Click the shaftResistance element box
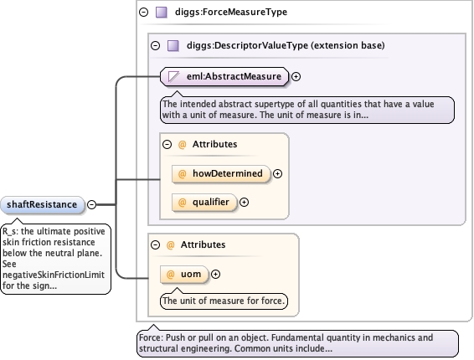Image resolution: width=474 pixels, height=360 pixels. (x=42, y=204)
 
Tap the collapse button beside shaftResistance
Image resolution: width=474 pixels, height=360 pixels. (x=91, y=204)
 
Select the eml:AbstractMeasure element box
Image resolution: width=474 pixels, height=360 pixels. (x=224, y=76)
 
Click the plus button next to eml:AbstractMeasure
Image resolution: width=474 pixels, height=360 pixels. (x=296, y=76)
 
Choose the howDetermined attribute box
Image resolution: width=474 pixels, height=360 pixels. (x=221, y=174)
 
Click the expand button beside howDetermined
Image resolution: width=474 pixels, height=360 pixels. (x=277, y=174)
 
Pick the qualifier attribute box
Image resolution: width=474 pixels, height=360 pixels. (x=204, y=203)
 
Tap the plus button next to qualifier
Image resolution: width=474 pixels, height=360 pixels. (x=244, y=203)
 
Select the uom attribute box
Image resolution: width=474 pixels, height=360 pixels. (x=184, y=274)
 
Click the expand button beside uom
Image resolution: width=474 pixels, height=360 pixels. (x=215, y=274)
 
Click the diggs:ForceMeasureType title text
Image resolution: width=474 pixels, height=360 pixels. (x=231, y=12)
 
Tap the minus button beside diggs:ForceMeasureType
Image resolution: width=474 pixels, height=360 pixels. (x=143, y=12)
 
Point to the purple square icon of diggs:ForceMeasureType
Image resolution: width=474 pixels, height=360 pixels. (x=162, y=13)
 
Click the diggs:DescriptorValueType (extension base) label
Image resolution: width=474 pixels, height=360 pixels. (x=286, y=45)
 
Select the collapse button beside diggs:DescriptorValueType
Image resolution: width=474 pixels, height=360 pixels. (x=156, y=46)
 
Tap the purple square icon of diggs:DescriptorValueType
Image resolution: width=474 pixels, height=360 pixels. (x=173, y=46)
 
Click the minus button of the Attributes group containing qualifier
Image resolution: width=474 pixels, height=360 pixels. (x=167, y=145)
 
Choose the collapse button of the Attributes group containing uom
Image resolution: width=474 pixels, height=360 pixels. (x=156, y=244)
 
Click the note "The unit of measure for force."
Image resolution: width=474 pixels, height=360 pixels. (x=224, y=301)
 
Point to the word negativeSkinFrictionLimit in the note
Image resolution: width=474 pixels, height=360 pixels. (x=54, y=275)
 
